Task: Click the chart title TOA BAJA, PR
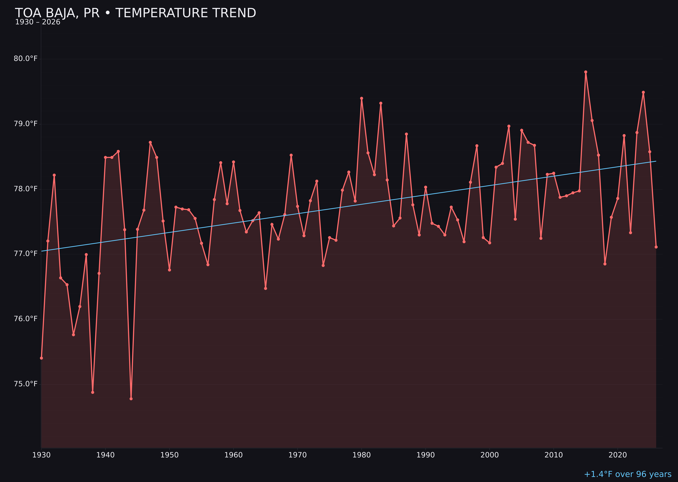coord(135,13)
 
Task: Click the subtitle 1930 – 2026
coord(38,22)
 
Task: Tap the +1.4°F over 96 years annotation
coord(627,474)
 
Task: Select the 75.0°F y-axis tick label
coord(26,384)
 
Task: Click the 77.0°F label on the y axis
coord(26,254)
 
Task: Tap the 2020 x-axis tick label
coord(617,455)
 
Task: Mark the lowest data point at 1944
coord(131,399)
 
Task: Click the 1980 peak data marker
coord(362,98)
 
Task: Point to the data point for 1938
coord(93,392)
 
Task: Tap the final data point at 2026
coord(656,247)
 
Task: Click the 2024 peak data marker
coord(643,92)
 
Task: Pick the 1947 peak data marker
coord(150,143)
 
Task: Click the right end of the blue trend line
coord(656,161)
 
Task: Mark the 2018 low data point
coord(605,264)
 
